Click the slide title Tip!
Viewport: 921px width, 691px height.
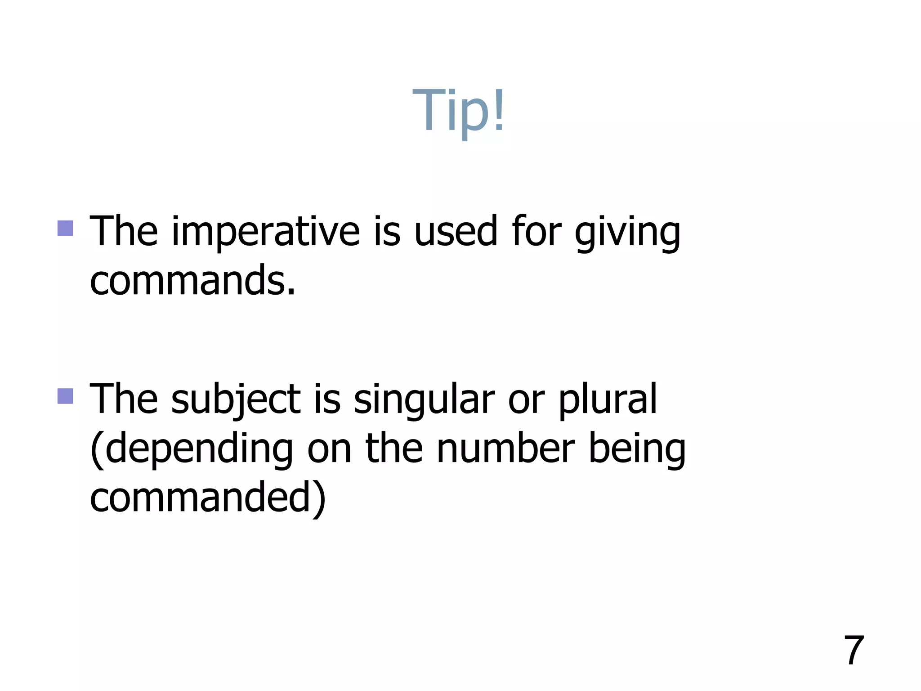pyautogui.click(x=459, y=110)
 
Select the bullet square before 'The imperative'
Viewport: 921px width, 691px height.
pyautogui.click(x=65, y=228)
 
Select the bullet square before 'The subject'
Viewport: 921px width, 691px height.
pyautogui.click(x=65, y=396)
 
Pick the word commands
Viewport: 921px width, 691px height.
pyautogui.click(x=192, y=281)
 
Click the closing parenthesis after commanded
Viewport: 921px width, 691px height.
pyautogui.click(x=319, y=498)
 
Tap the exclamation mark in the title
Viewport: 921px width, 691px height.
pyautogui.click(x=499, y=110)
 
